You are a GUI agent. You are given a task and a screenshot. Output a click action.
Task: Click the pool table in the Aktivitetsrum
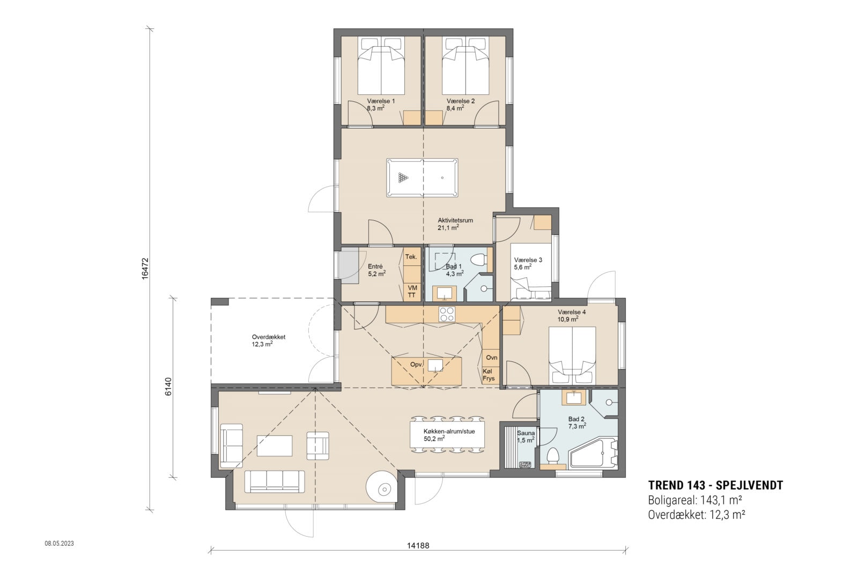(422, 177)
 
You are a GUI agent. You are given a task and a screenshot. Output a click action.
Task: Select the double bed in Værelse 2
(465, 67)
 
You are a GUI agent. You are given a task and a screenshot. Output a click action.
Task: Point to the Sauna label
(526, 433)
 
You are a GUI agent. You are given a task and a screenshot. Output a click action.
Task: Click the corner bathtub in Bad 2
(593, 454)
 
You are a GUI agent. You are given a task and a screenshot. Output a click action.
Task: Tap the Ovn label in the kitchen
(491, 358)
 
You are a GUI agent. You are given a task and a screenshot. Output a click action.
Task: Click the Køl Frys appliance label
(489, 375)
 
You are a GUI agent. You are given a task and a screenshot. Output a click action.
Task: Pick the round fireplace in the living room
(382, 488)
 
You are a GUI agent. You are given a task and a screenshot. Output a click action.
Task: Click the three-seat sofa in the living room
(275, 481)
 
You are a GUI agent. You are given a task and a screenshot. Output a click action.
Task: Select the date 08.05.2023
(59, 543)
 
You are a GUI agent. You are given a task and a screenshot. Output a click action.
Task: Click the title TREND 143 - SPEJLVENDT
(715, 486)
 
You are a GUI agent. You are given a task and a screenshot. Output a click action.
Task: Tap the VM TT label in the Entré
(412, 292)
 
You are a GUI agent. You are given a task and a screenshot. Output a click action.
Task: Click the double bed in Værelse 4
(572, 354)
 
